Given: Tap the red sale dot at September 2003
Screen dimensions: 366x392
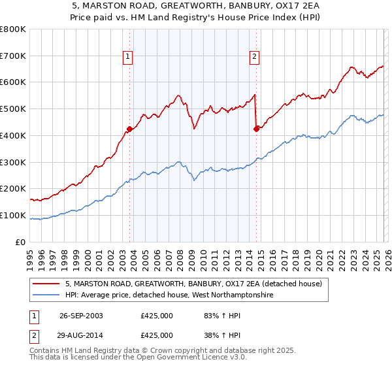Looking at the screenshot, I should [130, 129].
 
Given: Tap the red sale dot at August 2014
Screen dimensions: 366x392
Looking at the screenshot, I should [256, 129].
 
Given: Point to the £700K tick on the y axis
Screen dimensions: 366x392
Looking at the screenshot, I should [13, 56].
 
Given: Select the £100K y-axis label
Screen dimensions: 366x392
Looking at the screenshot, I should [13, 215].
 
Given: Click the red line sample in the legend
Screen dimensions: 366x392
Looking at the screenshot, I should [46, 284].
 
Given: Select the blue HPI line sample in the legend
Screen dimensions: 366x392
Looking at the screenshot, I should [46, 295].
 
